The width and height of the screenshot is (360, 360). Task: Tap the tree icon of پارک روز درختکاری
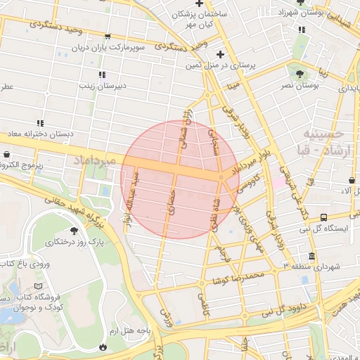click(74, 230)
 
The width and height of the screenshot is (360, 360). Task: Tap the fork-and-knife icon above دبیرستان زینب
click(102, 75)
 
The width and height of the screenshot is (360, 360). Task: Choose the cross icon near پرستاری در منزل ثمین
click(221, 54)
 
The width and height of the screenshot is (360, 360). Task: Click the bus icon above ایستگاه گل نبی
click(323, 217)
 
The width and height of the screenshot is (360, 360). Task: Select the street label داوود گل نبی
click(291, 307)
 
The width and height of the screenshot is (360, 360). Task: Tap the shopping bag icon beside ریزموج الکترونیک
click(7, 155)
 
